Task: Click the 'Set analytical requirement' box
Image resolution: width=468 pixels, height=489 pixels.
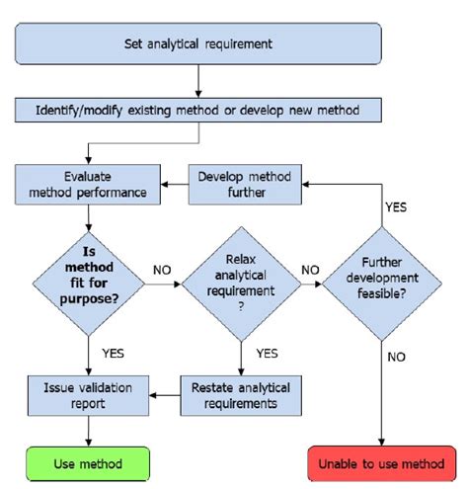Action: tap(198, 43)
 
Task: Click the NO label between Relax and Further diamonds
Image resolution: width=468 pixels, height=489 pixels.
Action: tap(309, 268)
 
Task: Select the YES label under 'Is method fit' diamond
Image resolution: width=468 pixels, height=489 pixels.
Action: tap(114, 351)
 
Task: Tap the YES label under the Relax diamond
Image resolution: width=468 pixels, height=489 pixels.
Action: tap(267, 352)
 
